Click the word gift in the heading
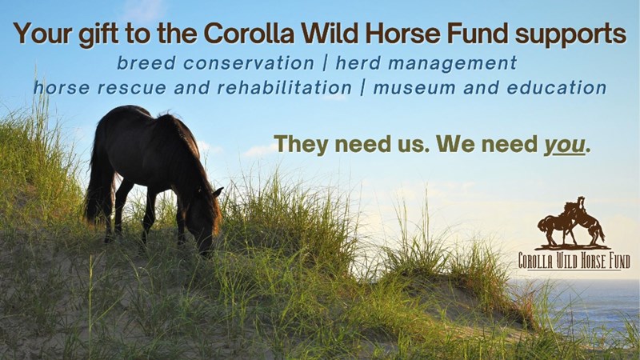98,34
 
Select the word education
557,88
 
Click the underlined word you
565,146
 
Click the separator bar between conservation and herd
325,63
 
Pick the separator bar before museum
362,88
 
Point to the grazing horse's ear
218,191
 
